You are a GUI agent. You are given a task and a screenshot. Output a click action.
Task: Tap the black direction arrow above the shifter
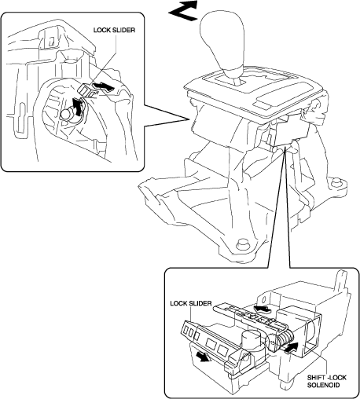click(x=183, y=11)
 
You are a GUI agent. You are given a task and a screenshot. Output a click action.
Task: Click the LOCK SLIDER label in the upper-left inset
click(x=114, y=30)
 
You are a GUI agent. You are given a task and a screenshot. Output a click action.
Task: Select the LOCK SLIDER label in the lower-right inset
click(x=191, y=303)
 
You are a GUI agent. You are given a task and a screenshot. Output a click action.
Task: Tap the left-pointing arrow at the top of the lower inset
click(x=263, y=309)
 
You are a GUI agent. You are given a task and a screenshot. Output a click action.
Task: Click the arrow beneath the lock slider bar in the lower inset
click(x=204, y=357)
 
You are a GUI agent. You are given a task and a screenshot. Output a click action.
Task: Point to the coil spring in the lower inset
click(x=284, y=339)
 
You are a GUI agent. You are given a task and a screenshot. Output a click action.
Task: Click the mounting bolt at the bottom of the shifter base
click(x=241, y=244)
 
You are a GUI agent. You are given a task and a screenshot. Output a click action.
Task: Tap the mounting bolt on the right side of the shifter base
click(x=336, y=183)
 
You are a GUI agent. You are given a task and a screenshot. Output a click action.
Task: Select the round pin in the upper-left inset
click(x=65, y=114)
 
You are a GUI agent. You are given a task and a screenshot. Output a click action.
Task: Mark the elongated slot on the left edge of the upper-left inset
click(x=20, y=116)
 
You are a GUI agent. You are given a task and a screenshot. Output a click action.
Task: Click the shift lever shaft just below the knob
click(x=237, y=80)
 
